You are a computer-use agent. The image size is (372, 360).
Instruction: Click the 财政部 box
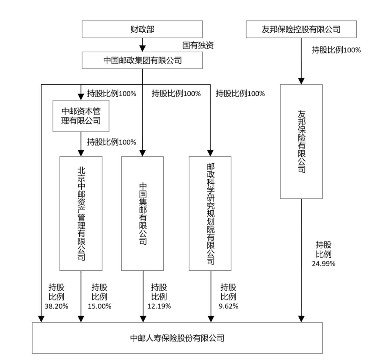(142, 30)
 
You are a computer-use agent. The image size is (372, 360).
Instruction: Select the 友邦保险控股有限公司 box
(301, 30)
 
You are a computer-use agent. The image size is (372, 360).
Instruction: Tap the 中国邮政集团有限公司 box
(142, 60)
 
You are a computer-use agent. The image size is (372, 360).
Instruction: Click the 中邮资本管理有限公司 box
(81, 116)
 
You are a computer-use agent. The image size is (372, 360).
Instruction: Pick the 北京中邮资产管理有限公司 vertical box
(81, 213)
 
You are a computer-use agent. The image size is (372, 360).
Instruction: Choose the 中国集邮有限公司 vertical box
(143, 213)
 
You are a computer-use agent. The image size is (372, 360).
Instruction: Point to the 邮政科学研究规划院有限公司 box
(210, 213)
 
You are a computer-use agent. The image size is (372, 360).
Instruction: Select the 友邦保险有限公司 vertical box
(301, 141)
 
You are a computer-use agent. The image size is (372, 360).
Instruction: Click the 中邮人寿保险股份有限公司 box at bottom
(177, 338)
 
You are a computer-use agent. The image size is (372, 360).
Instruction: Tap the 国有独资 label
(198, 45)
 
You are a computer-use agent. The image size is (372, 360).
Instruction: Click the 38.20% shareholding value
(56, 306)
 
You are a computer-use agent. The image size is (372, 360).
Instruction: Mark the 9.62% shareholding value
(229, 306)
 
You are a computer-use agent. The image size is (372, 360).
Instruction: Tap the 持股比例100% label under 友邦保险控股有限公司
(336, 50)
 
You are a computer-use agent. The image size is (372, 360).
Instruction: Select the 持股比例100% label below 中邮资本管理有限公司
(111, 142)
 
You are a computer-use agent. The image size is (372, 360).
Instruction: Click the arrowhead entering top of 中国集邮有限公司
(143, 153)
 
